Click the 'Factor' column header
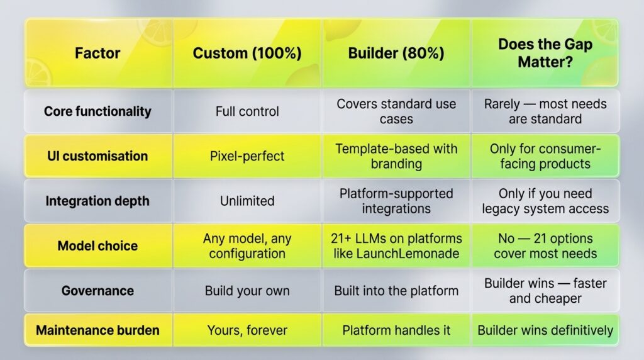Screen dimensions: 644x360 click(x=97, y=53)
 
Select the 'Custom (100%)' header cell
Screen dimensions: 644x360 click(x=247, y=53)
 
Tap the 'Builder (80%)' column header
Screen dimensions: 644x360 click(x=396, y=53)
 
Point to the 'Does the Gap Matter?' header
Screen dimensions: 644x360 click(x=545, y=53)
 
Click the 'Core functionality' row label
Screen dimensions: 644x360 click(x=97, y=111)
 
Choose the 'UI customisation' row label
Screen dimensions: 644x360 click(x=97, y=156)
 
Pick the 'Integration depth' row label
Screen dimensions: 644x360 click(x=97, y=201)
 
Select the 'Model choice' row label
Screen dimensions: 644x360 click(x=97, y=245)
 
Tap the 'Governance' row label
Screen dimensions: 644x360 click(x=97, y=291)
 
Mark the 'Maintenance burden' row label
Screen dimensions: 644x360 click(x=97, y=330)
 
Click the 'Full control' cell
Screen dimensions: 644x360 click(x=247, y=111)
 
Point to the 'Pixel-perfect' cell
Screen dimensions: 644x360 click(x=247, y=156)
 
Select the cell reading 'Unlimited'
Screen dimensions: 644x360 click(x=247, y=201)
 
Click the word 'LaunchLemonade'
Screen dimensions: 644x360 click(x=408, y=254)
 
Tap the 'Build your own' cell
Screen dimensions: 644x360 click(x=247, y=291)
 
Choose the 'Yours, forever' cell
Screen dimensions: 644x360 click(x=247, y=330)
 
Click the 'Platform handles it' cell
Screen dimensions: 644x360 click(x=396, y=330)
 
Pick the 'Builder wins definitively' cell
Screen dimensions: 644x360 click(x=545, y=330)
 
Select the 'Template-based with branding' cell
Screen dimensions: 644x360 click(x=396, y=156)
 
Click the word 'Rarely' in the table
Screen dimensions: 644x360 click(x=502, y=104)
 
